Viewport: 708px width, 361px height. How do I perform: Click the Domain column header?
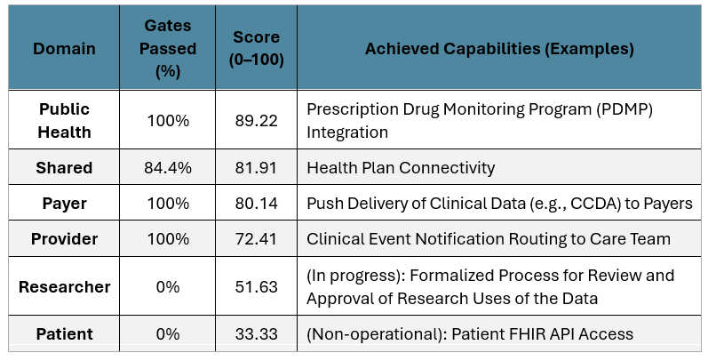point(64,47)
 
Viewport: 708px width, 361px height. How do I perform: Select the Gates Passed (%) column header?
point(169,47)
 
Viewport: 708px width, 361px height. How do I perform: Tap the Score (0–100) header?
point(255,47)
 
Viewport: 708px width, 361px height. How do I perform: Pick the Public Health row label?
point(64,120)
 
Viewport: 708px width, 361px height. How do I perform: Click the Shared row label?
point(64,167)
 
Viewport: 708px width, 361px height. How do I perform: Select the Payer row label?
point(64,204)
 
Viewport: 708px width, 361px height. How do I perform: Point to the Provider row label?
point(64,239)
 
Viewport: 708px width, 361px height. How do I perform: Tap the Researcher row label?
point(64,286)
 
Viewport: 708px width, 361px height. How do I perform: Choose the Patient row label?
point(64,334)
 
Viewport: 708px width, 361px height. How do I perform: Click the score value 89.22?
point(255,120)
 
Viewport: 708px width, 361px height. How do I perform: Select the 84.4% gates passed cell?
point(169,167)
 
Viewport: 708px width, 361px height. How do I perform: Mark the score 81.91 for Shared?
point(255,167)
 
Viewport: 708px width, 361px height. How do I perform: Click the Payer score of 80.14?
point(255,204)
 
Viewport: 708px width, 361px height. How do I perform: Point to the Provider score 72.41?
point(255,239)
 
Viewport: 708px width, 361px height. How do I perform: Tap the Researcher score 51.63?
point(255,286)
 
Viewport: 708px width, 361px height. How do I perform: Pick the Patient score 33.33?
point(255,334)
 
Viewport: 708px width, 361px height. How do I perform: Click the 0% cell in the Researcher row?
point(169,286)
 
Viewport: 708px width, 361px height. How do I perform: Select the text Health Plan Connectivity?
point(400,167)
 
